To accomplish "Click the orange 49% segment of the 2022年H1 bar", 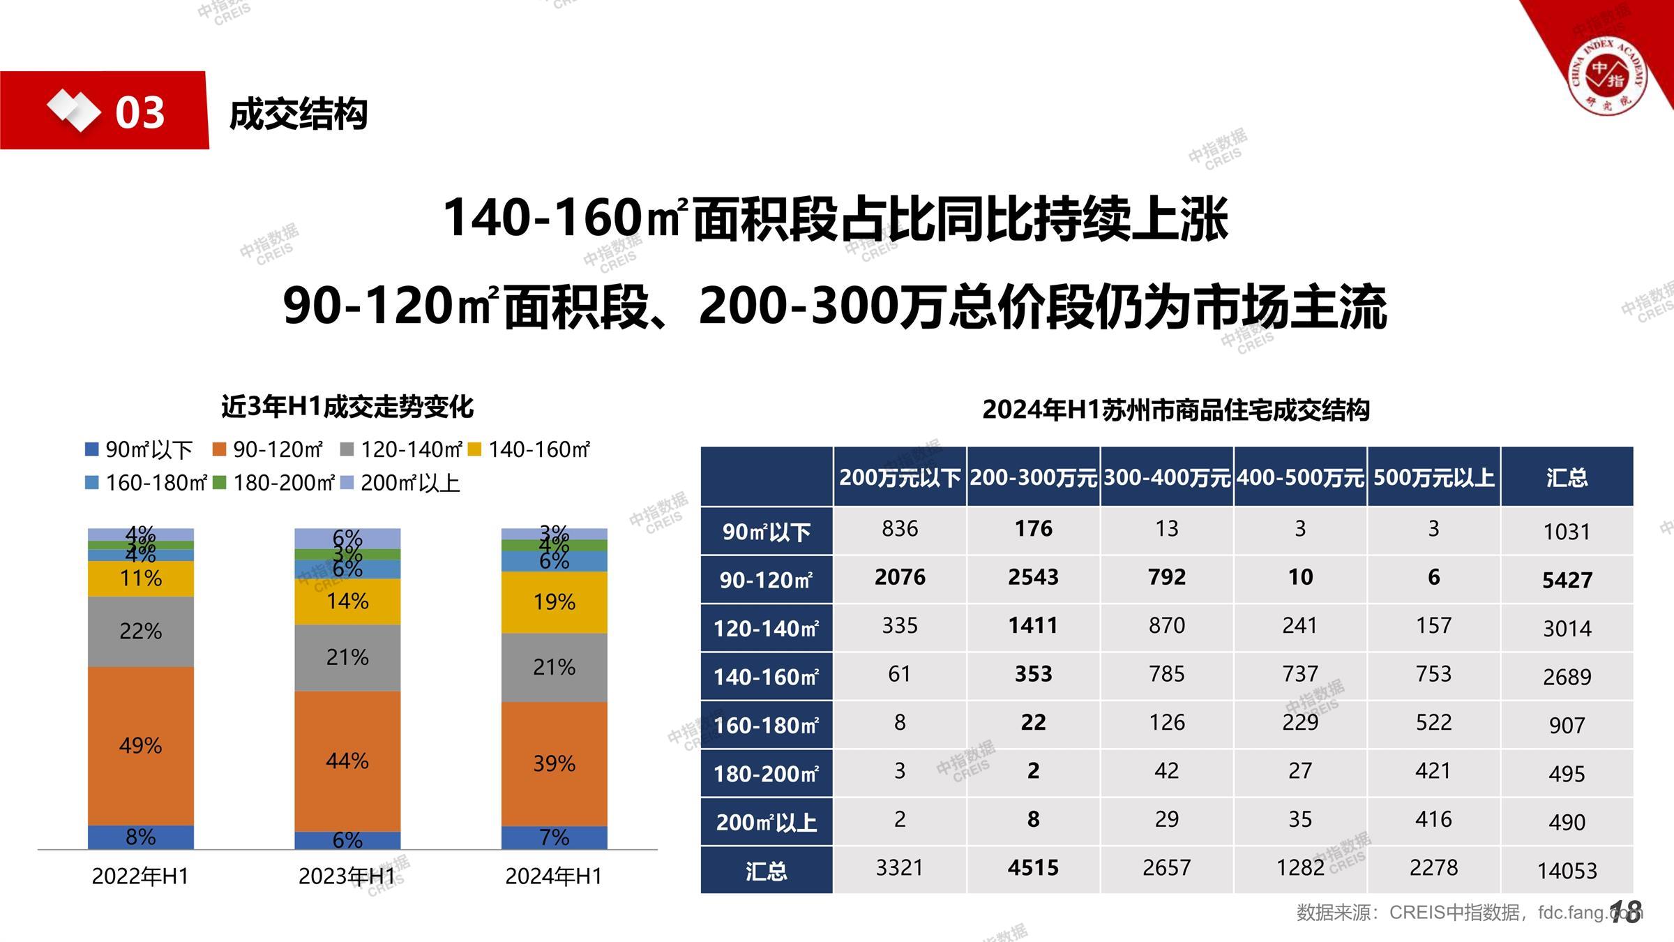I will click(140, 745).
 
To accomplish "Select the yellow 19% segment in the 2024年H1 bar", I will click(554, 601).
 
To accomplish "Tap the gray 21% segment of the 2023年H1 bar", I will click(347, 657).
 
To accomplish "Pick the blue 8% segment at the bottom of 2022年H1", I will click(140, 837).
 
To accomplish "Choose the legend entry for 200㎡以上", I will click(401, 483).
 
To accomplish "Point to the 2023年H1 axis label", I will click(347, 876).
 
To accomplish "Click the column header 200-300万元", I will click(1033, 477).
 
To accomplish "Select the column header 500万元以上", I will click(1433, 477).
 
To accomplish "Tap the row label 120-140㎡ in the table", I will click(766, 628).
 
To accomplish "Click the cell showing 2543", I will click(1033, 577).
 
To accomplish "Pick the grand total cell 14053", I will click(1567, 870).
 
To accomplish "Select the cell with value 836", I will click(900, 529).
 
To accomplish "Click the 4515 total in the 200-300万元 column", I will click(1033, 867).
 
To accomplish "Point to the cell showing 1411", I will click(1033, 625).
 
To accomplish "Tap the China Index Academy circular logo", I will click(1607, 75).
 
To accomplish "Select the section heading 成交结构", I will click(299, 114).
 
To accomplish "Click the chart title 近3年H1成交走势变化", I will click(347, 406).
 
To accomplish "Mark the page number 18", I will click(1626, 911).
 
